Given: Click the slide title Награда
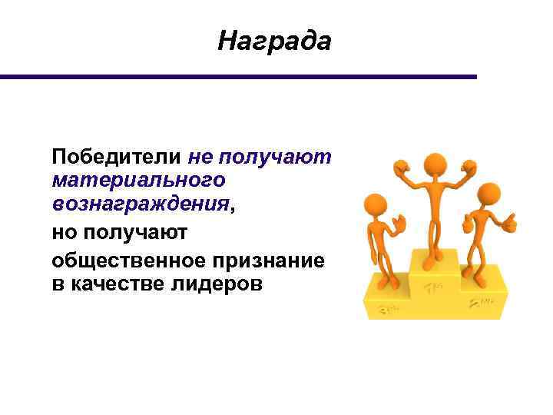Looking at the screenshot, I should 274,40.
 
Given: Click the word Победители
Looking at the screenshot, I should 117,158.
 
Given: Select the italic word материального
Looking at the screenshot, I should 139,181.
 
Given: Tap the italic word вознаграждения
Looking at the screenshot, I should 141,204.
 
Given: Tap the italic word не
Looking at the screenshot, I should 200,158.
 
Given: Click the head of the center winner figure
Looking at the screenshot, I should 435,164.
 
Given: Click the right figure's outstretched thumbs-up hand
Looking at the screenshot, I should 508,224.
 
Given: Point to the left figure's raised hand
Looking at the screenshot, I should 398,224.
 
